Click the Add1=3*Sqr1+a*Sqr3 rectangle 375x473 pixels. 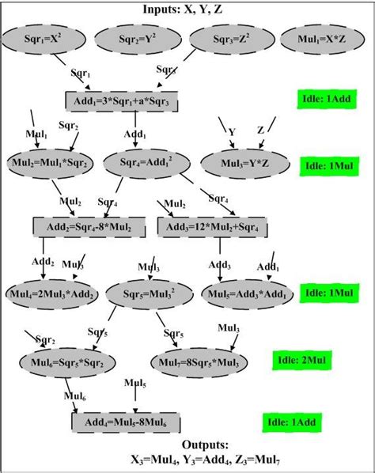pos(121,101)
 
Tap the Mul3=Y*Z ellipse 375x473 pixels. pos(245,162)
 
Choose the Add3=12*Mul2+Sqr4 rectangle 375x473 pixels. pos(214,227)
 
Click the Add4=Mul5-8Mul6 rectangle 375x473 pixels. pos(125,422)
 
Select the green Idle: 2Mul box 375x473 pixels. pos(300,360)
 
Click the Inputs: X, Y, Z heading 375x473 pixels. pos(188,9)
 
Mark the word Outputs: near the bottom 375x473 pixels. pos(188,445)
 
